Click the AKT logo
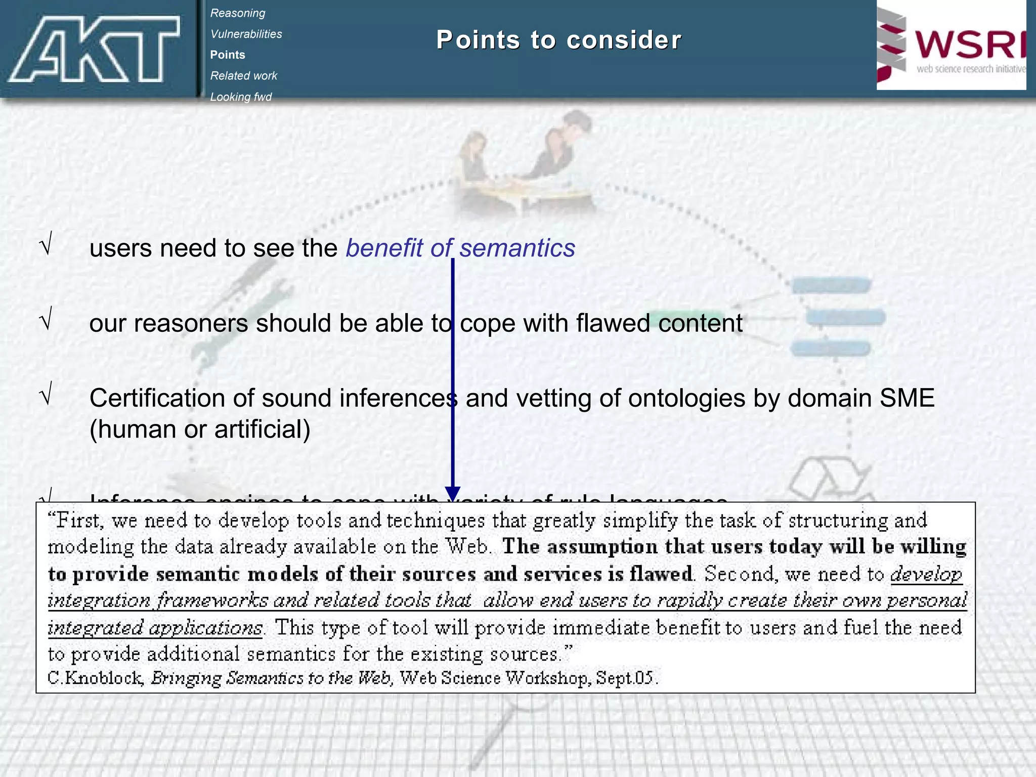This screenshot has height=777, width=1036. pos(94,49)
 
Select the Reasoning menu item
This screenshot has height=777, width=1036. pos(237,13)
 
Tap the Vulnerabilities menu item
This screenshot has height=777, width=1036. pos(246,34)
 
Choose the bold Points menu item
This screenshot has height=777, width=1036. pos(228,55)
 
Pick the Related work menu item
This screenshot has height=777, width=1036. pos(243,75)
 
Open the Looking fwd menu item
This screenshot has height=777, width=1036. pos(241,97)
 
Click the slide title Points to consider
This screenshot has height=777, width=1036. pos(558,40)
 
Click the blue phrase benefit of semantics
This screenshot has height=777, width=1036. pos(460,248)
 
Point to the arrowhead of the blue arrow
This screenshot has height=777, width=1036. pos(452,494)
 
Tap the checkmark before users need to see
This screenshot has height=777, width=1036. pos(46,246)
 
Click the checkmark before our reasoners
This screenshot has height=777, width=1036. pos(46,321)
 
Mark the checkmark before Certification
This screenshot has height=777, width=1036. pos(46,396)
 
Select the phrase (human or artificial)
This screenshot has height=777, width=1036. pos(200,429)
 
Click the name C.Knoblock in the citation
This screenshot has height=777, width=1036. pos(95,677)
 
